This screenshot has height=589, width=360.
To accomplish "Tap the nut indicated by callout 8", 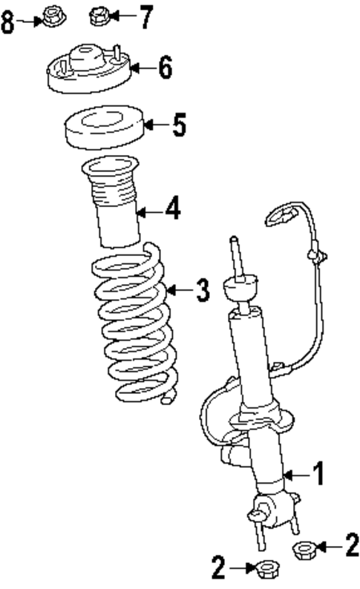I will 52,16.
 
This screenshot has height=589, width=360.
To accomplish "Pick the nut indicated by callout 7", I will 99,15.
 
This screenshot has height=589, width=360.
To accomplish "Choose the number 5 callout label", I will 178,125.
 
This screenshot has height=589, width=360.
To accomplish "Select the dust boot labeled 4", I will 112,204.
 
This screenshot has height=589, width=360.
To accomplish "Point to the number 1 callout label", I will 317,473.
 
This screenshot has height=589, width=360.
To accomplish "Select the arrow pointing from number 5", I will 154,125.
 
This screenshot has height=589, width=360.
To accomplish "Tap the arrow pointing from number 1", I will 295,473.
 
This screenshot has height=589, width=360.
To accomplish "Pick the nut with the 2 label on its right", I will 303,550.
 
